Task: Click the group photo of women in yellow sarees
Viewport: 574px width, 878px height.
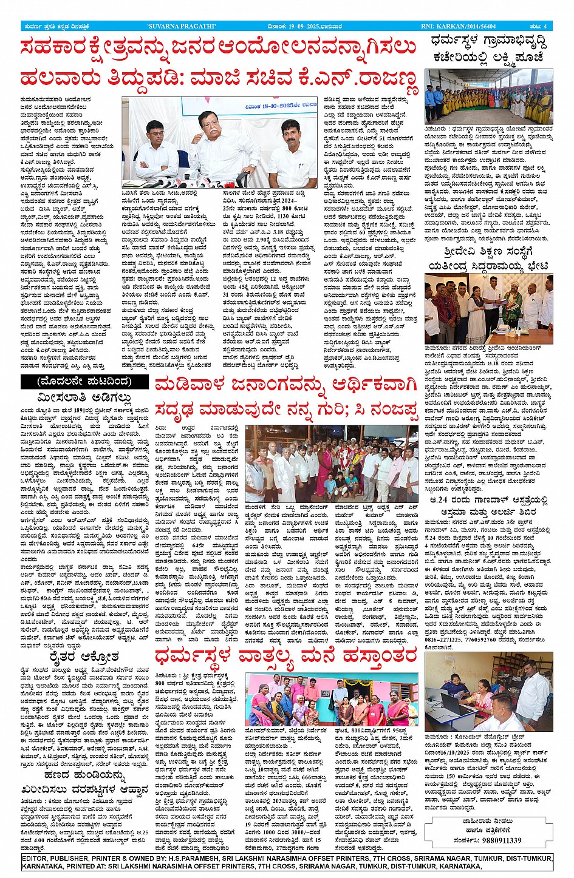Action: [488, 98]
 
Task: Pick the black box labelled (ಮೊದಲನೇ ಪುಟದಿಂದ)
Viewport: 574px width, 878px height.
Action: [84, 382]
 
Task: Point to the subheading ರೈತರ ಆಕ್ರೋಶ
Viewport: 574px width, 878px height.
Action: [84, 657]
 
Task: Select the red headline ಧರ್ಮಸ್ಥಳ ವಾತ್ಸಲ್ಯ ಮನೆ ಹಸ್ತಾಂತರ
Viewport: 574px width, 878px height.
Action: [285, 656]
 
